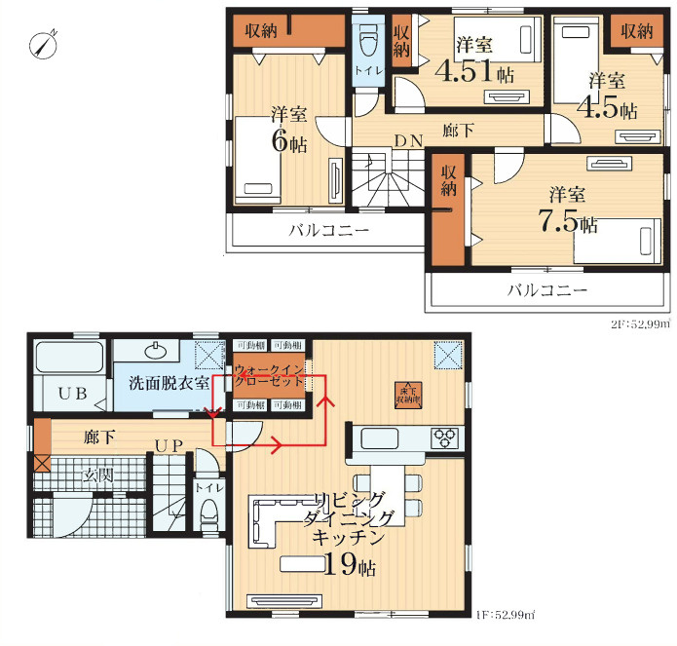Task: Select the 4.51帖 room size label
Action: point(475,73)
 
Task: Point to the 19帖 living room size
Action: point(345,564)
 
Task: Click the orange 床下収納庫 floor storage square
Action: point(407,392)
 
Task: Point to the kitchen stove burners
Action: point(444,437)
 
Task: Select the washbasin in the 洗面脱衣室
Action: point(155,350)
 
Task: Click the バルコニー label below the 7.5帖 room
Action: point(545,290)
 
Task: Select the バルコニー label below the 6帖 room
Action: point(327,231)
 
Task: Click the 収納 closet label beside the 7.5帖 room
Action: point(448,182)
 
